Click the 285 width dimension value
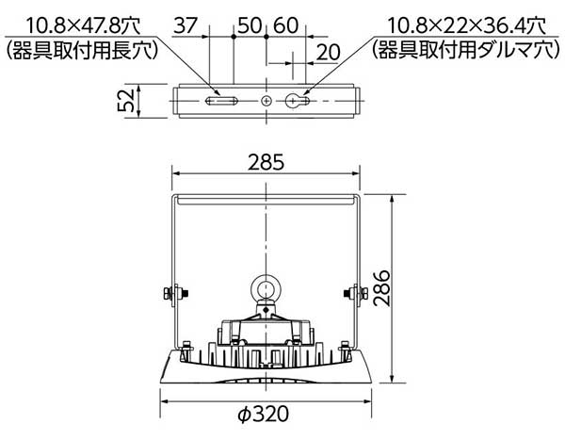266,162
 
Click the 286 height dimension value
381,288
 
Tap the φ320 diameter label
264,414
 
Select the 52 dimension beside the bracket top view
126,101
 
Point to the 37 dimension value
186,25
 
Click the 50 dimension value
250,25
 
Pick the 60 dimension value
285,25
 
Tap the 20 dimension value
329,53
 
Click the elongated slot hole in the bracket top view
221,101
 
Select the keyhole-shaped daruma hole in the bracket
298,101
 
